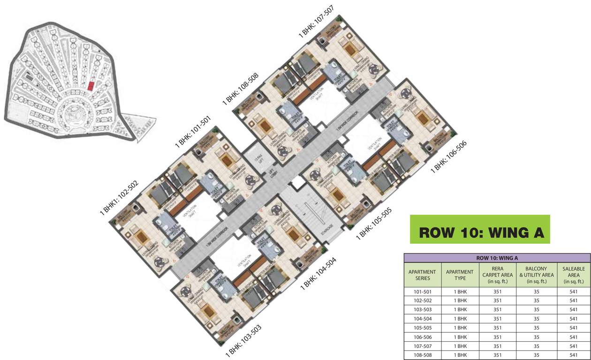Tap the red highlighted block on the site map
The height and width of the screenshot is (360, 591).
(x=91, y=86)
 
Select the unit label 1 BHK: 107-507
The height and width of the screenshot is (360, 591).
(x=316, y=22)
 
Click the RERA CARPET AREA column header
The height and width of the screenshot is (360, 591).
(x=498, y=275)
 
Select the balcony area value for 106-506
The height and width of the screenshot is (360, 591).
(x=536, y=337)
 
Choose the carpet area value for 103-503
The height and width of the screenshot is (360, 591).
(x=498, y=309)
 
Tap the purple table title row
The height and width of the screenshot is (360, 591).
(x=497, y=257)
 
